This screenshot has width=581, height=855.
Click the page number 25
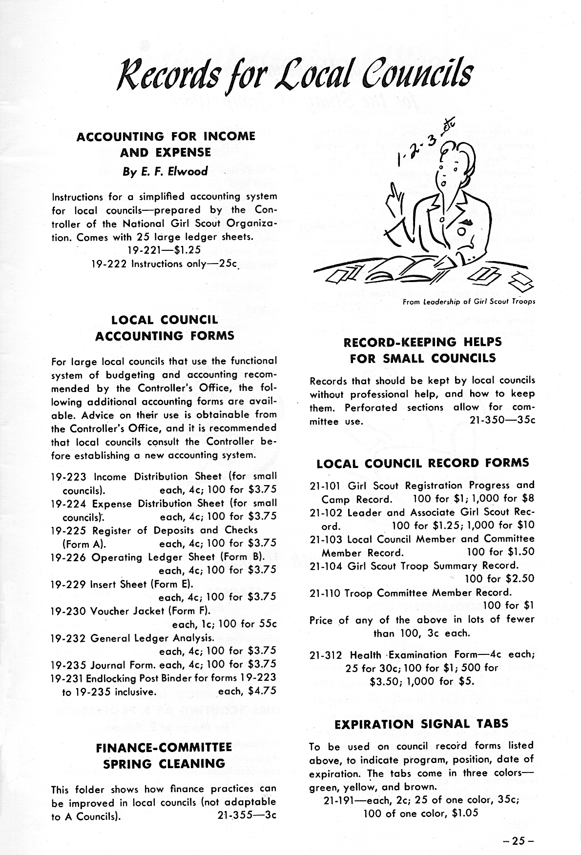pos(519,840)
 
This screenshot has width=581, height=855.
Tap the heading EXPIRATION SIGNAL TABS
pos(422,724)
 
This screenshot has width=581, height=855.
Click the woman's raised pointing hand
pos(393,201)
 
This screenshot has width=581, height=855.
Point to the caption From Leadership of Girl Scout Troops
pos(469,302)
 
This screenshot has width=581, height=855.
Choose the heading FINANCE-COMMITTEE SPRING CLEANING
pos(164,755)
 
